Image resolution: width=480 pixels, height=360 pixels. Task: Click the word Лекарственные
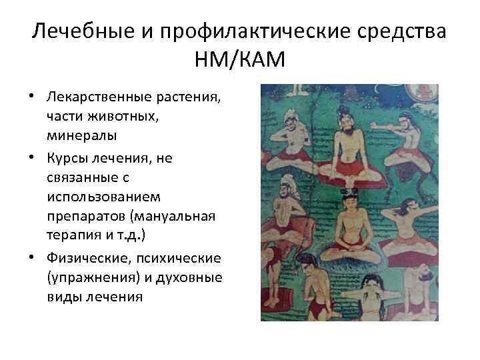pos(98,99)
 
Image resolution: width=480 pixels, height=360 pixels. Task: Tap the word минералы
pos(82,135)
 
